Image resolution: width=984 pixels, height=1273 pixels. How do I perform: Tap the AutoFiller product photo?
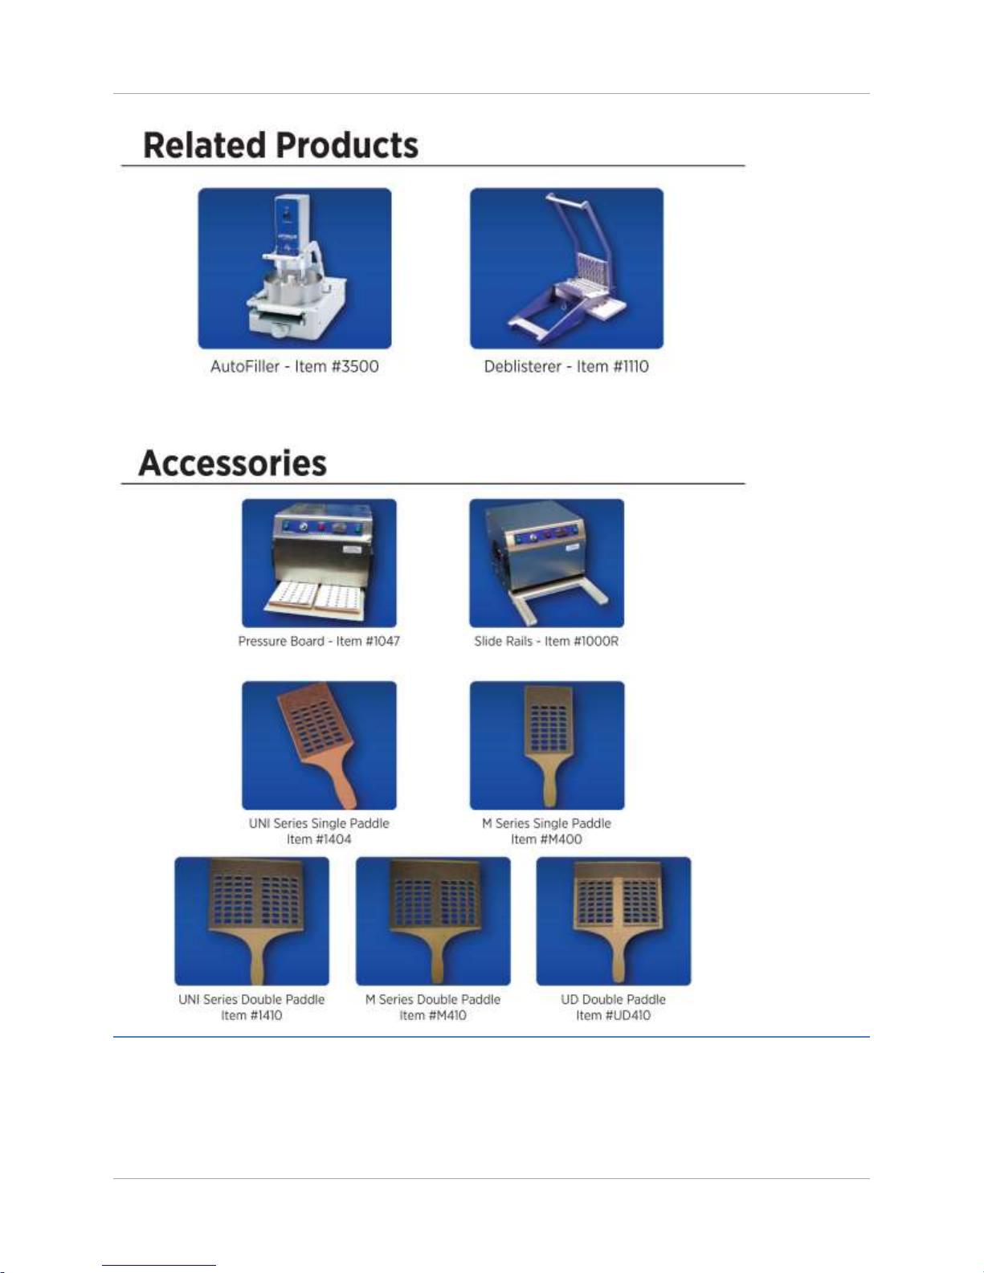coord(295,268)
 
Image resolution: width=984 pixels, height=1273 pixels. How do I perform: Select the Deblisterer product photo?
coord(566,268)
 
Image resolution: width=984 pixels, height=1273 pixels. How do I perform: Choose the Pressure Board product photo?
coord(319,563)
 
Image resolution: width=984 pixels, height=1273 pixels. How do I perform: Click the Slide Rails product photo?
coord(546,563)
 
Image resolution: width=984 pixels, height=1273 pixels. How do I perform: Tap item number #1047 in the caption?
coord(382,642)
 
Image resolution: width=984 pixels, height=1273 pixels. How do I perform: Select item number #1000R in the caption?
coord(596,642)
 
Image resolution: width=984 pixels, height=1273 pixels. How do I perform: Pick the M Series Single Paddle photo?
coord(547,745)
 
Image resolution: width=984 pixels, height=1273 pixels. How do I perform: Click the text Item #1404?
coord(319,839)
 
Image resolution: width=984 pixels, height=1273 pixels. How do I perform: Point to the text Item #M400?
coord(546,839)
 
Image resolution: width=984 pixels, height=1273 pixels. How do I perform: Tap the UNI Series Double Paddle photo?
coord(252,921)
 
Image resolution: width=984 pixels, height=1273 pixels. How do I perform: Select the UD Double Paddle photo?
coord(614,921)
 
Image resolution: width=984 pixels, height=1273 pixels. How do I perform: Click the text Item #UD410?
coord(613,1015)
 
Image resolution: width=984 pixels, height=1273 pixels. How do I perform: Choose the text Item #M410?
coord(433,1015)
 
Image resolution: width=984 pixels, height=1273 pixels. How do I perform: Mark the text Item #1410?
coord(251,1015)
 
